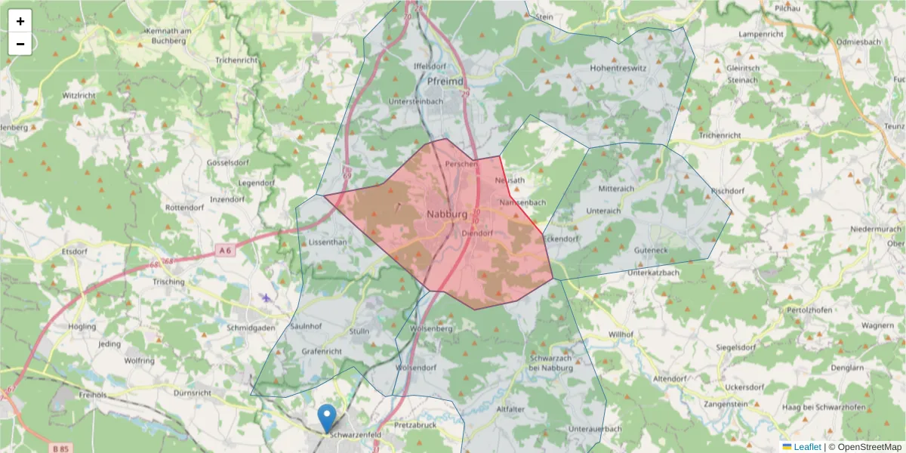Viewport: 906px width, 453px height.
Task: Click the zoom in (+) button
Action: click(x=20, y=21)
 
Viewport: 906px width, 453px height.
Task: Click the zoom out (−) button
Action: click(x=20, y=44)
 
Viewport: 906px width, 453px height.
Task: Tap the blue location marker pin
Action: click(x=327, y=418)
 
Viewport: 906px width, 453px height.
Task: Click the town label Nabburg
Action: click(x=447, y=214)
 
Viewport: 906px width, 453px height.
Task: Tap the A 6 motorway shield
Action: click(x=225, y=250)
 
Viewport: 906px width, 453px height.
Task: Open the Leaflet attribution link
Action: click(x=806, y=447)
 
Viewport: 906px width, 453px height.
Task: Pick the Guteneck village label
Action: click(x=651, y=249)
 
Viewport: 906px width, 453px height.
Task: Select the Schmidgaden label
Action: click(x=251, y=328)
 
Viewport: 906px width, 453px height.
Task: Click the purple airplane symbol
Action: click(x=266, y=297)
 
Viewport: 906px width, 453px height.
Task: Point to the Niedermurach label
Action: click(x=876, y=228)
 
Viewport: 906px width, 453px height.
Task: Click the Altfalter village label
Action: click(x=510, y=408)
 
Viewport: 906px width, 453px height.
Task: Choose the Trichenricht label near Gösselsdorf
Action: click(x=236, y=60)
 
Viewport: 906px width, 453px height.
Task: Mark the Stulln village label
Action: click(x=359, y=331)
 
